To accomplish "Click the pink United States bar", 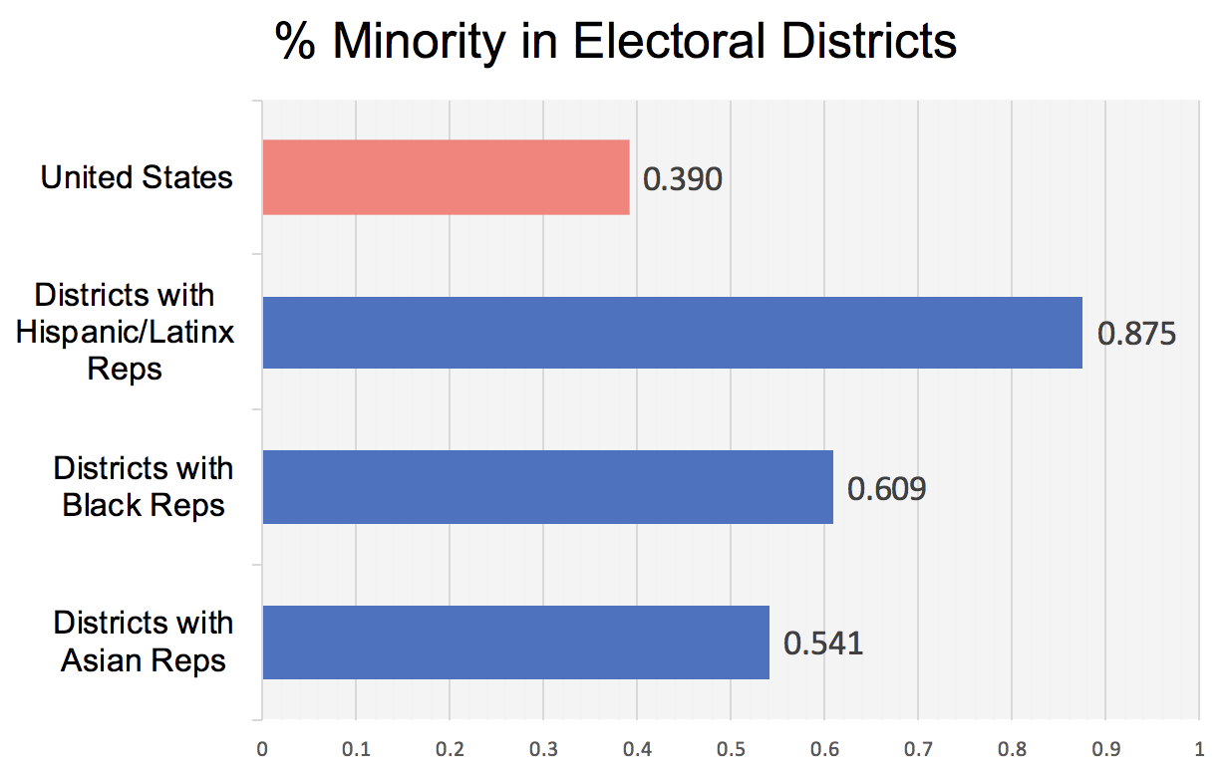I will coord(446,177).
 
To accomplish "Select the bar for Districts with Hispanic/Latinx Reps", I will coord(672,332).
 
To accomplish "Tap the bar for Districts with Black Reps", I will coord(547,487).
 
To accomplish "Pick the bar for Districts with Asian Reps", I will coord(515,642).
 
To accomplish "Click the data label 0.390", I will coord(682,179).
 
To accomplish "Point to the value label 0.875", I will coord(1136,333).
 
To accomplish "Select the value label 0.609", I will coord(886,488).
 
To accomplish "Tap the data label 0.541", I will coord(822,643).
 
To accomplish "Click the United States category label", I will coord(137,178).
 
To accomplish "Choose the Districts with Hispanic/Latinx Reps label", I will coord(126,332).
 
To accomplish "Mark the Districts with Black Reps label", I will coord(144,487).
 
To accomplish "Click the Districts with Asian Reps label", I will coord(144,642).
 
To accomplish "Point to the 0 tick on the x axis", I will coord(261,746).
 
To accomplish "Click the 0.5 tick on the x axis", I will coord(730,746).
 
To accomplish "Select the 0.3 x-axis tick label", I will coord(542,746).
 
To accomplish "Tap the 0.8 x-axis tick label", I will coord(1011,746).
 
